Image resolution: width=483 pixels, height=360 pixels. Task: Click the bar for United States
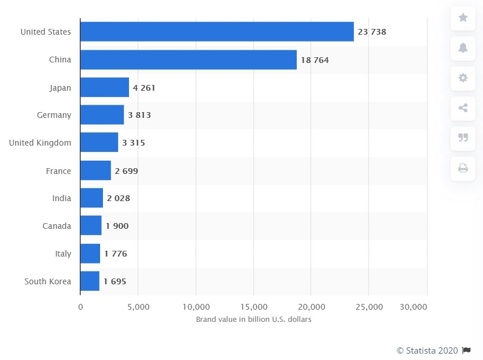[x=217, y=32]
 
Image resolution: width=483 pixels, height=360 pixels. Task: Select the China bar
[x=188, y=60]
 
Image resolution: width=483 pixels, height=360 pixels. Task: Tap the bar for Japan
[x=105, y=88]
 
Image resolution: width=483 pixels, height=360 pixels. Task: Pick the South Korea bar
[x=90, y=281]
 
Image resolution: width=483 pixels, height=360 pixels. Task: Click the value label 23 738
[x=372, y=32]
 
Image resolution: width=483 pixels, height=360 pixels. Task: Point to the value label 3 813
[x=139, y=115]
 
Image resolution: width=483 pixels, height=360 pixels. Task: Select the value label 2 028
[x=119, y=198]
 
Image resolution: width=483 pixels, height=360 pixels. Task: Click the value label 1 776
[x=116, y=254]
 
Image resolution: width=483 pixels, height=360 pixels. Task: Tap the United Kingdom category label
[x=40, y=143]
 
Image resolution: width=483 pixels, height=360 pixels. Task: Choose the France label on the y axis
[x=58, y=171]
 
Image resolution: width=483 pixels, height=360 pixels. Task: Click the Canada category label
[x=57, y=226]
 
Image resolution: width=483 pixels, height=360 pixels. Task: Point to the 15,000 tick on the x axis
[x=253, y=307]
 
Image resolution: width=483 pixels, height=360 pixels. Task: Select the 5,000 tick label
[x=138, y=307]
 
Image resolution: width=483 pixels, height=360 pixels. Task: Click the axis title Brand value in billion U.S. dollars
[x=253, y=320]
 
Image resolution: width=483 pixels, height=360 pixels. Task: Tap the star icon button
[x=463, y=18]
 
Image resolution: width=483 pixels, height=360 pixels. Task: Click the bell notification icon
[x=463, y=48]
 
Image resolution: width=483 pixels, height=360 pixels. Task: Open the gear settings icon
[x=463, y=78]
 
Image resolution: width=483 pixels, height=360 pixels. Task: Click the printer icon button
[x=463, y=168]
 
